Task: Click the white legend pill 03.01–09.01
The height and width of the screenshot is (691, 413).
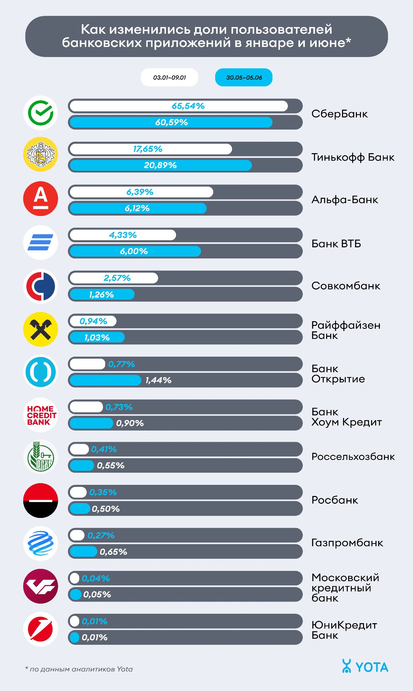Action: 169,78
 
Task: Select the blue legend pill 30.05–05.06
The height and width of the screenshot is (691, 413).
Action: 244,78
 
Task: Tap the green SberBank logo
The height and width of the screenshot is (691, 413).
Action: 41,113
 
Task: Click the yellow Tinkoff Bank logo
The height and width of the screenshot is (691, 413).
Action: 41,155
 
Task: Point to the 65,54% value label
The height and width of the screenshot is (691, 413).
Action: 188,106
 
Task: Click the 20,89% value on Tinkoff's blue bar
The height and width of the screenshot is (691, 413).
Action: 160,165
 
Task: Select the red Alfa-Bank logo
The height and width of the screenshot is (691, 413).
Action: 41,198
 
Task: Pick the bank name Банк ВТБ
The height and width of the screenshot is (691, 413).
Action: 336,244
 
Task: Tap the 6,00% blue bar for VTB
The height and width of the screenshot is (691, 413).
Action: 135,251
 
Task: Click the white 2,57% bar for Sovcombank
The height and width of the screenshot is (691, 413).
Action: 114,278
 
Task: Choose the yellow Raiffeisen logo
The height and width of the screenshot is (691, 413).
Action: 41,329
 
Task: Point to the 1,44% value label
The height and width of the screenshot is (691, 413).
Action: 158,380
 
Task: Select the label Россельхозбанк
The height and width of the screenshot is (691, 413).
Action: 353,457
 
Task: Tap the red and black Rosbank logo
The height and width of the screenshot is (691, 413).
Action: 41,500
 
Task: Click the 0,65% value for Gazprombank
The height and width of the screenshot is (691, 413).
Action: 113,552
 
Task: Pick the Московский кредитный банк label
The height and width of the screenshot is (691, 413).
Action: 345,588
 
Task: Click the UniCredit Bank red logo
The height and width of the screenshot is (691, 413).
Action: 41,630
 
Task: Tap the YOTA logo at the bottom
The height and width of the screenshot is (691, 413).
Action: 365,667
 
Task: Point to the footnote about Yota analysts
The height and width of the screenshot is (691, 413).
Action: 79,669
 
